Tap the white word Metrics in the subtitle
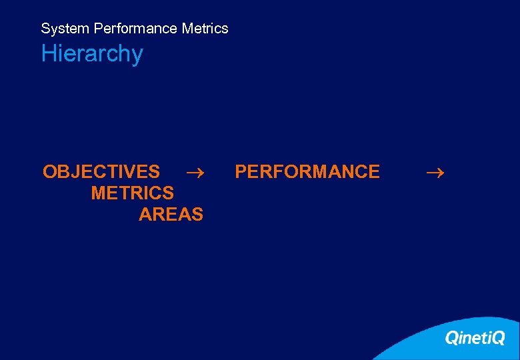click(x=205, y=29)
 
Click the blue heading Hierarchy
click(x=92, y=54)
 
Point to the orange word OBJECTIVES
click(x=101, y=172)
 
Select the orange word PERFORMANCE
click(x=307, y=172)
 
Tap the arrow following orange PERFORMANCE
click(x=435, y=173)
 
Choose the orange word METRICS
click(x=132, y=193)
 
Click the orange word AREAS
click(x=171, y=215)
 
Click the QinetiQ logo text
click(x=475, y=338)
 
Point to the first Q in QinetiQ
click(x=452, y=339)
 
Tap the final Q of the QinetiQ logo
click(x=497, y=339)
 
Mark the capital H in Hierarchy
click(x=48, y=54)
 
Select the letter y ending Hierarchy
click(x=137, y=56)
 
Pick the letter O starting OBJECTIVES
click(x=50, y=172)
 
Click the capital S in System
click(x=45, y=29)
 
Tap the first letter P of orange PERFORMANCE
click(x=241, y=172)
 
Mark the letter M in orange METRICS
click(x=99, y=193)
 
